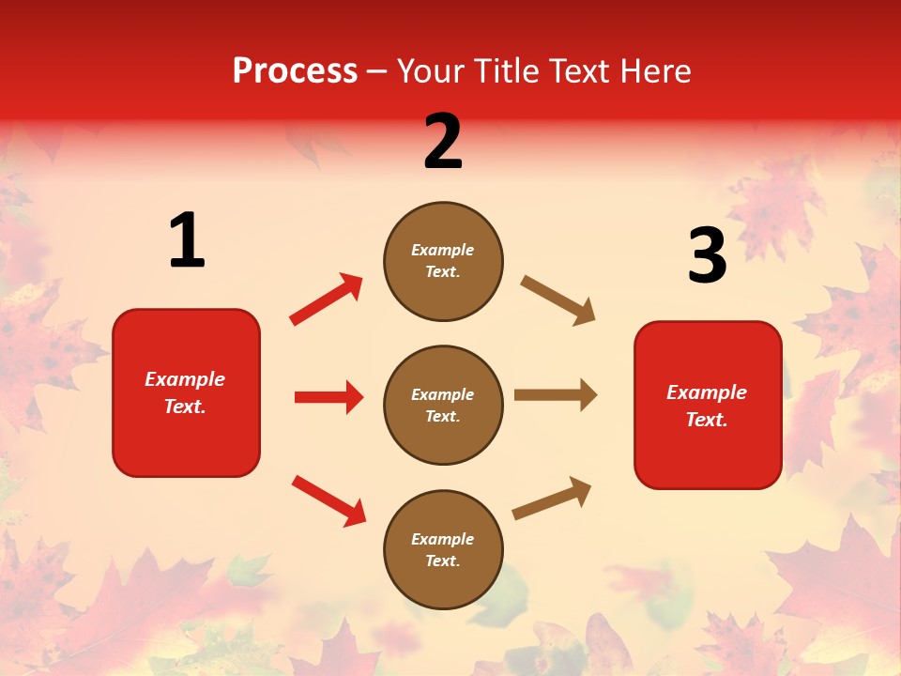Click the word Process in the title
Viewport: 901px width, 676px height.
click(295, 70)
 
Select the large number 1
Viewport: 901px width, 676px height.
click(187, 241)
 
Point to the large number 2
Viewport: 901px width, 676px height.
click(443, 142)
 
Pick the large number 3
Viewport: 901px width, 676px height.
click(708, 255)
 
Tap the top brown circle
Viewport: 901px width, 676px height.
click(443, 261)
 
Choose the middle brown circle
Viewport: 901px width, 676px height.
click(443, 406)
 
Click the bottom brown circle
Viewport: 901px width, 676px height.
click(443, 550)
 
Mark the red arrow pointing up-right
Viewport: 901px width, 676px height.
click(327, 300)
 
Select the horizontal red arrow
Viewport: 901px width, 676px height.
click(328, 397)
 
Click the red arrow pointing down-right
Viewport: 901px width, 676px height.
click(328, 500)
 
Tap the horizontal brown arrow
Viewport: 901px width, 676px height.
click(556, 394)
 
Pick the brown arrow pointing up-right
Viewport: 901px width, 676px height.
click(552, 498)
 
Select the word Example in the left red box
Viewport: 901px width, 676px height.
click(185, 379)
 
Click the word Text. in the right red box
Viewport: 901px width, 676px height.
click(707, 420)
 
